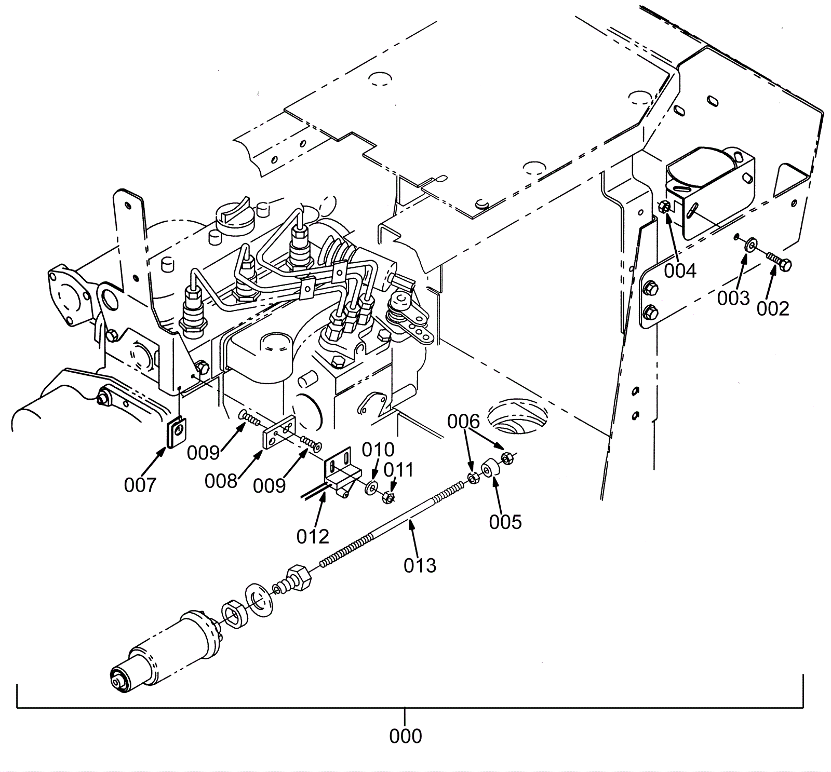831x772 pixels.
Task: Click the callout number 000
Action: pos(405,736)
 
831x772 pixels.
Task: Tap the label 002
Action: pos(773,308)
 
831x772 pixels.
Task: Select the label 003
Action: pos(733,298)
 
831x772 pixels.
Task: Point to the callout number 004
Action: pos(680,270)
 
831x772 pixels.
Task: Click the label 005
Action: pos(505,522)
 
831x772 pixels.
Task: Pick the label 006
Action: pos(464,422)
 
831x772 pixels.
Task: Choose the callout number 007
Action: pos(140,485)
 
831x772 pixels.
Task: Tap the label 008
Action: pos(221,481)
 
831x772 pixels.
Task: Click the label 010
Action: pos(378,449)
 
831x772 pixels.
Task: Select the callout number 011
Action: pos(398,470)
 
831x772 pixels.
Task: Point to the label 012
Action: pos(313,536)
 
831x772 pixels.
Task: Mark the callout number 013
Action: pos(420,565)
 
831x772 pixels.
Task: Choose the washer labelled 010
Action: pos(371,487)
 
